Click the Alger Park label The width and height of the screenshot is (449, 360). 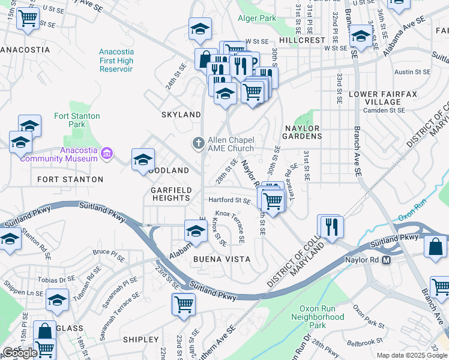(x=256, y=18)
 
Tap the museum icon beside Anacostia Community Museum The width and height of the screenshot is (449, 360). (x=107, y=154)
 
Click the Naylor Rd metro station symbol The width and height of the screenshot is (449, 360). (x=386, y=260)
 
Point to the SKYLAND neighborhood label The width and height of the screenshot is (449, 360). (x=181, y=115)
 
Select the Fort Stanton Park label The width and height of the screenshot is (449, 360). (x=77, y=120)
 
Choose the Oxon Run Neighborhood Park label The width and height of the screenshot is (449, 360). (x=313, y=317)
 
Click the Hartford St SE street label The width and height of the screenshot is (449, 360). (x=229, y=200)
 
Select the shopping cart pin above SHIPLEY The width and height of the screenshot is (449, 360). (x=183, y=304)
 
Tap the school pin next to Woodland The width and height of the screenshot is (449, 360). (x=143, y=160)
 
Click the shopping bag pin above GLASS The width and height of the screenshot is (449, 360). (x=44, y=331)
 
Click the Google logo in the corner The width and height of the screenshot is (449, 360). (x=20, y=352)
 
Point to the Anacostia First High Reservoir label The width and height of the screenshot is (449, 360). (x=116, y=61)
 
